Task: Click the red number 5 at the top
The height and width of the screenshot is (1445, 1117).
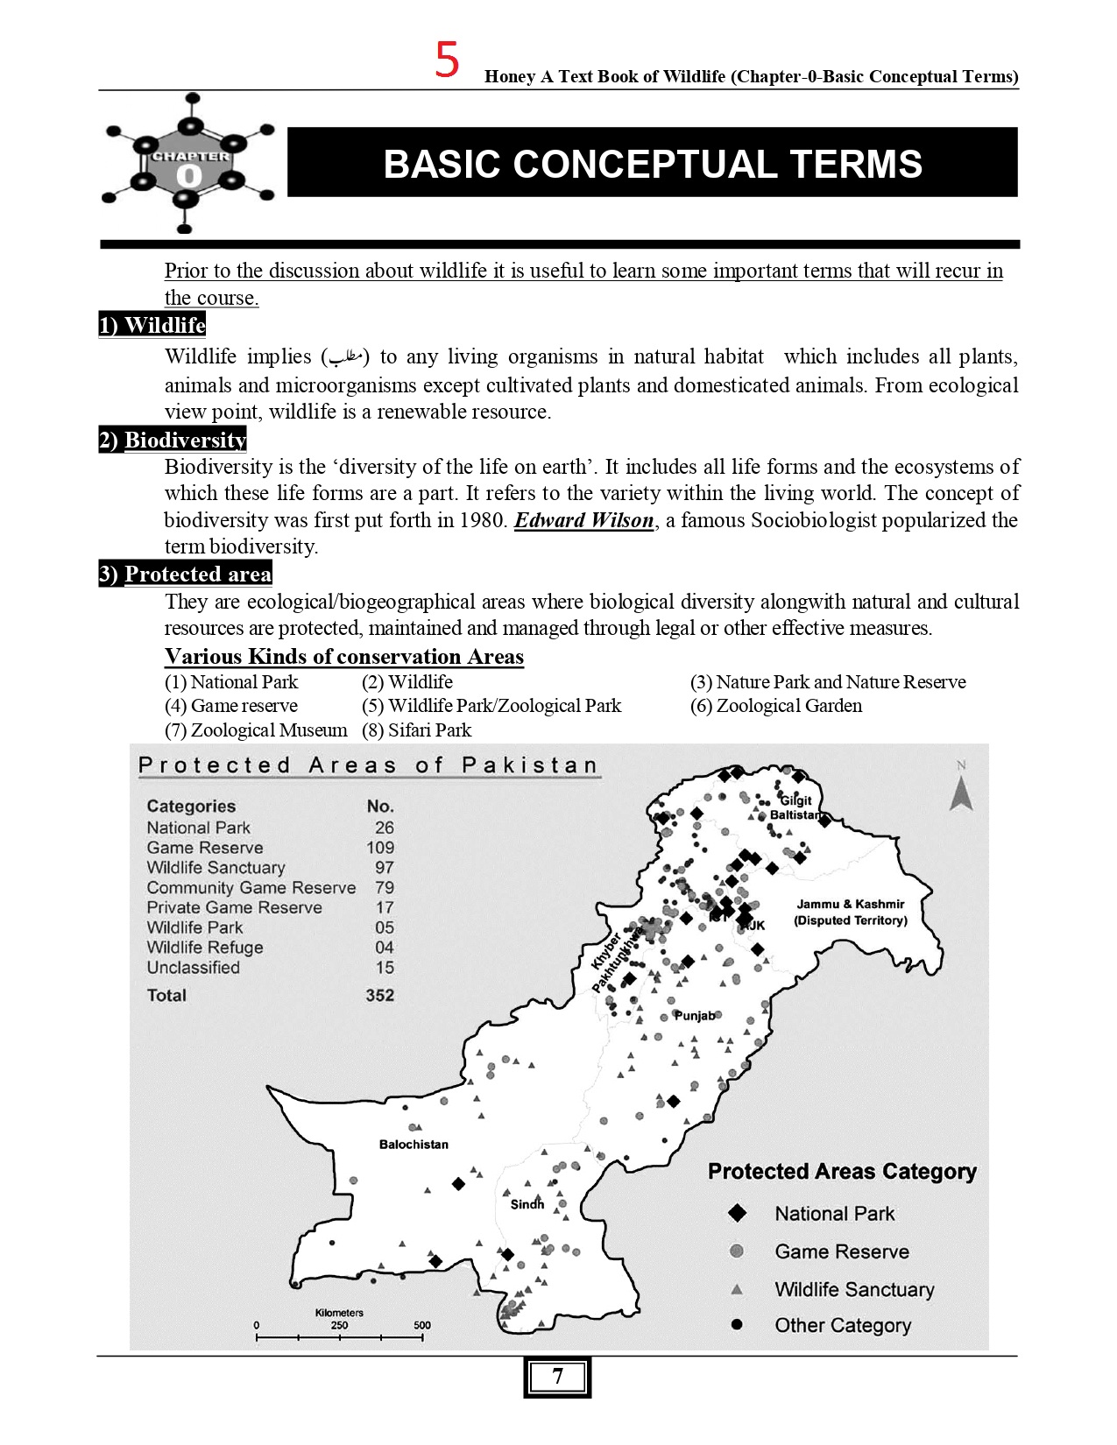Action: [447, 60]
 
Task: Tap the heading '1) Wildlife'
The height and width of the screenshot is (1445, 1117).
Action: [152, 325]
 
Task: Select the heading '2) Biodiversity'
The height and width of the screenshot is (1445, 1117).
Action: [173, 440]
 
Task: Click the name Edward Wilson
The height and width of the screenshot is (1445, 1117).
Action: [583, 520]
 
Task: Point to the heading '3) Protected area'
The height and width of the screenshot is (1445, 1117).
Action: [185, 574]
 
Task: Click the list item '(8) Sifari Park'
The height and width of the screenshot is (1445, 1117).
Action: [417, 730]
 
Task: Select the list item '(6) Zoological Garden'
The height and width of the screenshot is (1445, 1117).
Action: [776, 706]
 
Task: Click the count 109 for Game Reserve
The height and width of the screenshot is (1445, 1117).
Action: [380, 848]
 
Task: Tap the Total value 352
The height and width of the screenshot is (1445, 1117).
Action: [380, 996]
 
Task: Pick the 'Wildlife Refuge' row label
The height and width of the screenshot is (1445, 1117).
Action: [205, 948]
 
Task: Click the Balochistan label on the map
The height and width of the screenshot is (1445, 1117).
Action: [414, 1145]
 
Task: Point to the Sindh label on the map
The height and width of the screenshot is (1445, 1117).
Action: [527, 1204]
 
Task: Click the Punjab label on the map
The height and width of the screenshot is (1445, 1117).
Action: [695, 1016]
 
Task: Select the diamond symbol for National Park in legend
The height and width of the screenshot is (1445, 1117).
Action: [738, 1214]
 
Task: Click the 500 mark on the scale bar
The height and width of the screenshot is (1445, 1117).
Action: [422, 1326]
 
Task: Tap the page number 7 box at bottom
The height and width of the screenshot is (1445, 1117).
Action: [557, 1377]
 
